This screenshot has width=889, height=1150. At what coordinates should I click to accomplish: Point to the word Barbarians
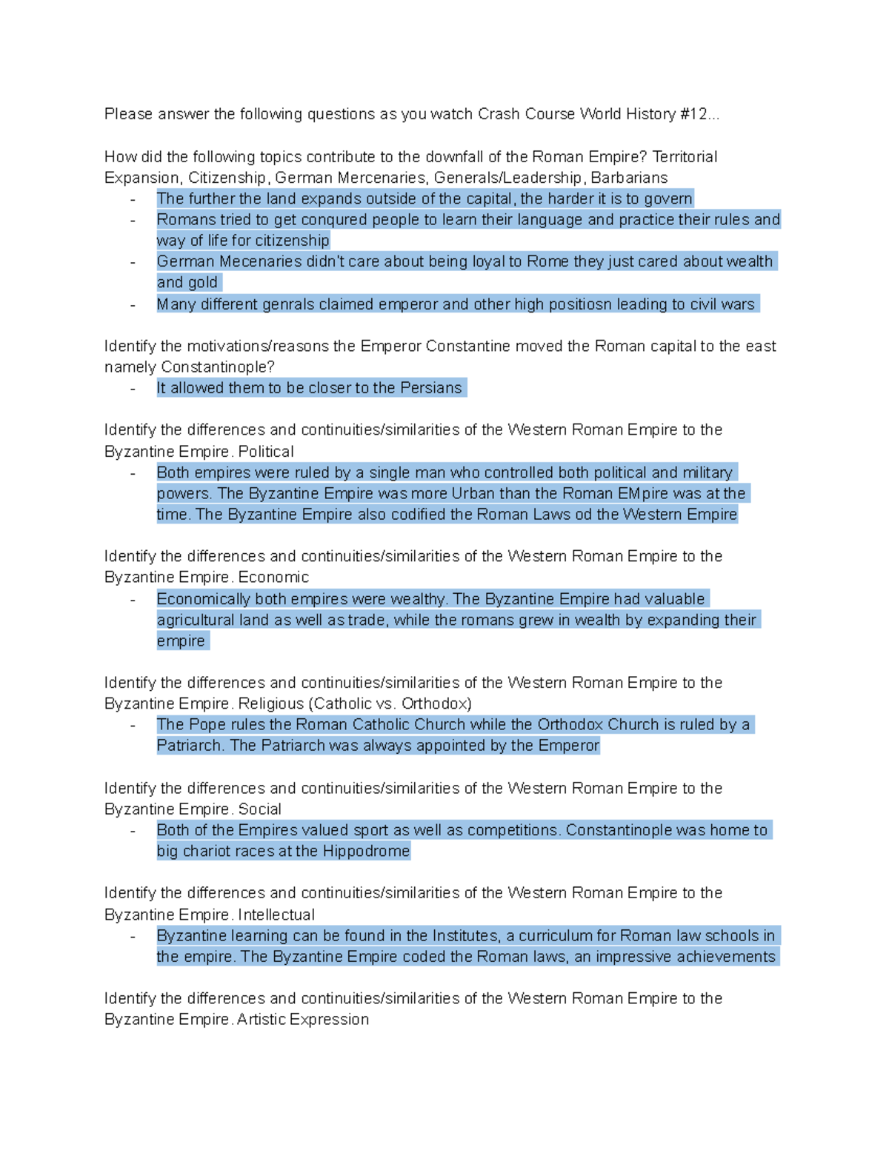tap(629, 178)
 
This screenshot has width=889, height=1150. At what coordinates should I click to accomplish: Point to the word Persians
tap(430, 388)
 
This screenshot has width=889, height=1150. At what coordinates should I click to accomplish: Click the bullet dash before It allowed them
tap(133, 389)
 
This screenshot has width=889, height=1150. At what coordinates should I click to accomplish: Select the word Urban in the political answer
tap(472, 494)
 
